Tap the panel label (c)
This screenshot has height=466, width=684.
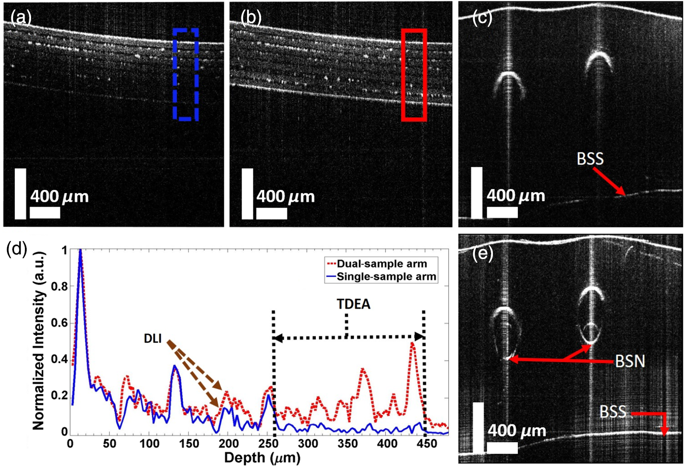pyautogui.click(x=482, y=18)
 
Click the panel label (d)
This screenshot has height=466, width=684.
pyautogui.click(x=17, y=249)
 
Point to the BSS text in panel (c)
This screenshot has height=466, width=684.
pyautogui.click(x=590, y=159)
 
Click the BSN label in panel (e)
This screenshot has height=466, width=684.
pyautogui.click(x=630, y=361)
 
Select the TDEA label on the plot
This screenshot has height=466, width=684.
pyautogui.click(x=354, y=304)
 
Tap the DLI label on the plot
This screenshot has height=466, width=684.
pyautogui.click(x=153, y=339)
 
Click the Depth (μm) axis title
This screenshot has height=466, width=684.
pyautogui.click(x=262, y=457)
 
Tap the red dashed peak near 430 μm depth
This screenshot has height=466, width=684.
pyautogui.click(x=412, y=343)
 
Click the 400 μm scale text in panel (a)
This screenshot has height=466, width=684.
pyautogui.click(x=59, y=196)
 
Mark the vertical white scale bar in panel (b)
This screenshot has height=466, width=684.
pyautogui.click(x=248, y=194)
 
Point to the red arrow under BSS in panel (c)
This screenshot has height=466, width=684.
pyautogui.click(x=610, y=183)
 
